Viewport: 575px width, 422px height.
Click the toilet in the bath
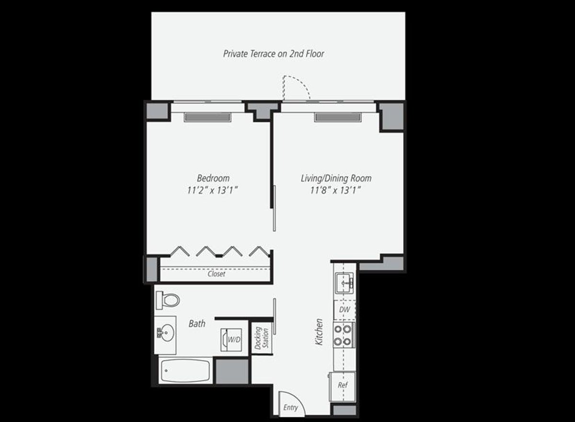click(168, 300)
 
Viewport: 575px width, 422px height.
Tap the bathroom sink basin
click(166, 331)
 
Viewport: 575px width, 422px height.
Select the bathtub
click(184, 370)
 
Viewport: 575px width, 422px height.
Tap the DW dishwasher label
click(344, 310)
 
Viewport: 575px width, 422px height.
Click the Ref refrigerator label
click(342, 385)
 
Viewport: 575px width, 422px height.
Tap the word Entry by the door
click(290, 408)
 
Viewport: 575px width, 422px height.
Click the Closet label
click(216, 274)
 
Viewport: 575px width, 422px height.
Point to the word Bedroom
click(213, 178)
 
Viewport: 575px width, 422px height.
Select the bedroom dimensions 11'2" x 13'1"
click(213, 190)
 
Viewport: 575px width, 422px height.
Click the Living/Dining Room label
click(336, 178)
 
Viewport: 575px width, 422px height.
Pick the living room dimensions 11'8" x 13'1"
click(336, 190)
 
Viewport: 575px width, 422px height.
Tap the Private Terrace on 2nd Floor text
click(274, 54)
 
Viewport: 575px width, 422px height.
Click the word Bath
click(196, 324)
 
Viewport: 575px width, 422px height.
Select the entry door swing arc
click(288, 401)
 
